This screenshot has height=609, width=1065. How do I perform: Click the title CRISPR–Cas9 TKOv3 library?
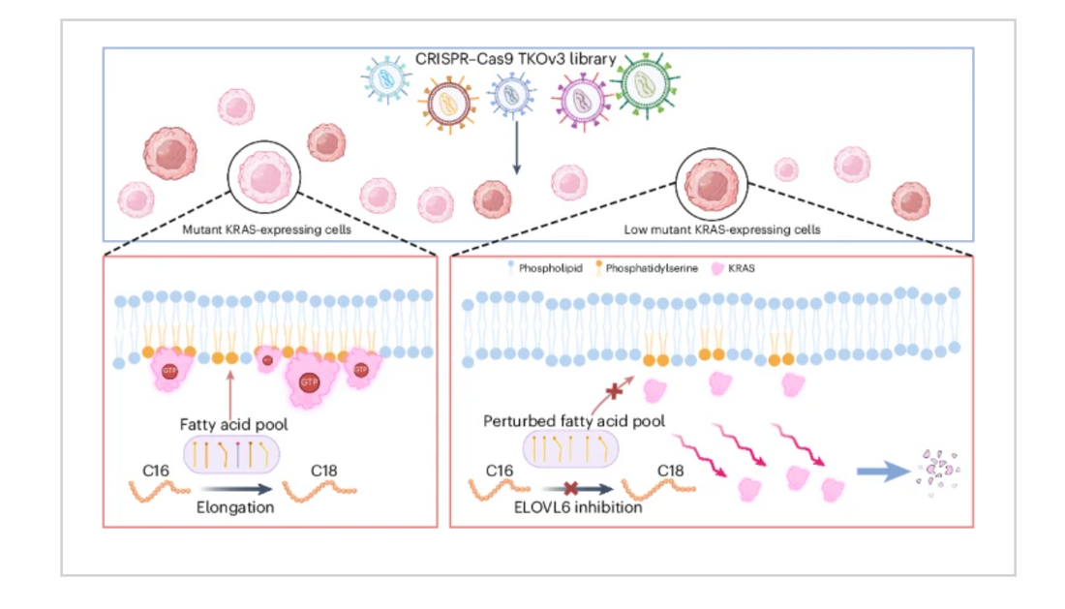[x=515, y=59]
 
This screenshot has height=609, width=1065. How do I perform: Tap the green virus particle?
[x=645, y=85]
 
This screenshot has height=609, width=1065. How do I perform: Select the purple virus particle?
[x=583, y=102]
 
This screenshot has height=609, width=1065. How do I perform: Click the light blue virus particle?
[x=385, y=79]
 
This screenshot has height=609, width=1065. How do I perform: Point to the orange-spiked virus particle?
[x=448, y=104]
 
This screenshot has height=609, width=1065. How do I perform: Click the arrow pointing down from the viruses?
[x=517, y=147]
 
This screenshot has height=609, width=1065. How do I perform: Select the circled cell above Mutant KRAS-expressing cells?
[x=263, y=176]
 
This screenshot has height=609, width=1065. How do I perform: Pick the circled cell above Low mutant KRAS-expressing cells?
[x=712, y=184]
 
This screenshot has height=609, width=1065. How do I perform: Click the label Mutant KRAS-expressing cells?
[x=266, y=229]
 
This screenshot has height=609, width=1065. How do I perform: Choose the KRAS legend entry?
[x=733, y=268]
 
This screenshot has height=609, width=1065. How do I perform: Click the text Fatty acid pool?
[x=233, y=424]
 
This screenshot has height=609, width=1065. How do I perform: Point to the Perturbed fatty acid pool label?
[x=574, y=421]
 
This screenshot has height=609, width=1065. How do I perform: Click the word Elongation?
[x=235, y=507]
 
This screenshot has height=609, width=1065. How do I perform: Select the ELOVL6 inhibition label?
[x=578, y=507]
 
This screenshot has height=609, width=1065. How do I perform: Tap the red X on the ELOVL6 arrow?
[x=571, y=488]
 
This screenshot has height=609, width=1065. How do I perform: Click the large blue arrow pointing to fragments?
[x=883, y=471]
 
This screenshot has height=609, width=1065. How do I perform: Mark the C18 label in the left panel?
[x=324, y=471]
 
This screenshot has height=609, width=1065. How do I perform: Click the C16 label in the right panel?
[x=500, y=471]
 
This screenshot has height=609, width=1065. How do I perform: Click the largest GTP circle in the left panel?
[x=309, y=382]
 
